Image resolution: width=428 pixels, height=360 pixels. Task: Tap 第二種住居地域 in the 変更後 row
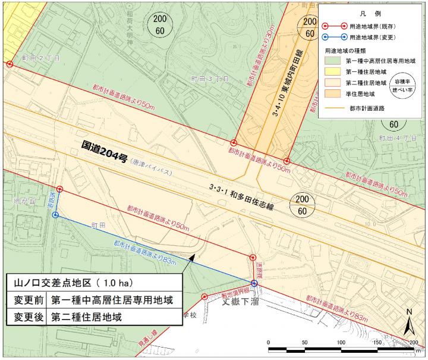tap(87, 316)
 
